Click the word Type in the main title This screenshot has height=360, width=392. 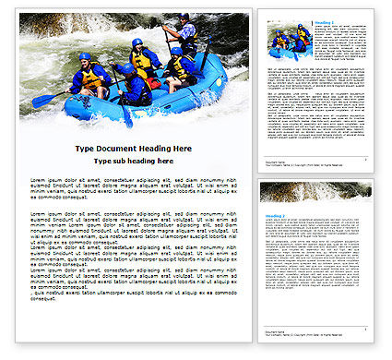click(x=84, y=148)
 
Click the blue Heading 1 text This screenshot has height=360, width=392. click(x=272, y=23)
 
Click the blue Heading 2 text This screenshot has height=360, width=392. click(x=273, y=214)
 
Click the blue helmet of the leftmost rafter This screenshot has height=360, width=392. click(x=85, y=57)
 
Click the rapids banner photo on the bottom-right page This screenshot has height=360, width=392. click(x=315, y=192)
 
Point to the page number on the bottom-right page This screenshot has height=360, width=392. click(x=365, y=341)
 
